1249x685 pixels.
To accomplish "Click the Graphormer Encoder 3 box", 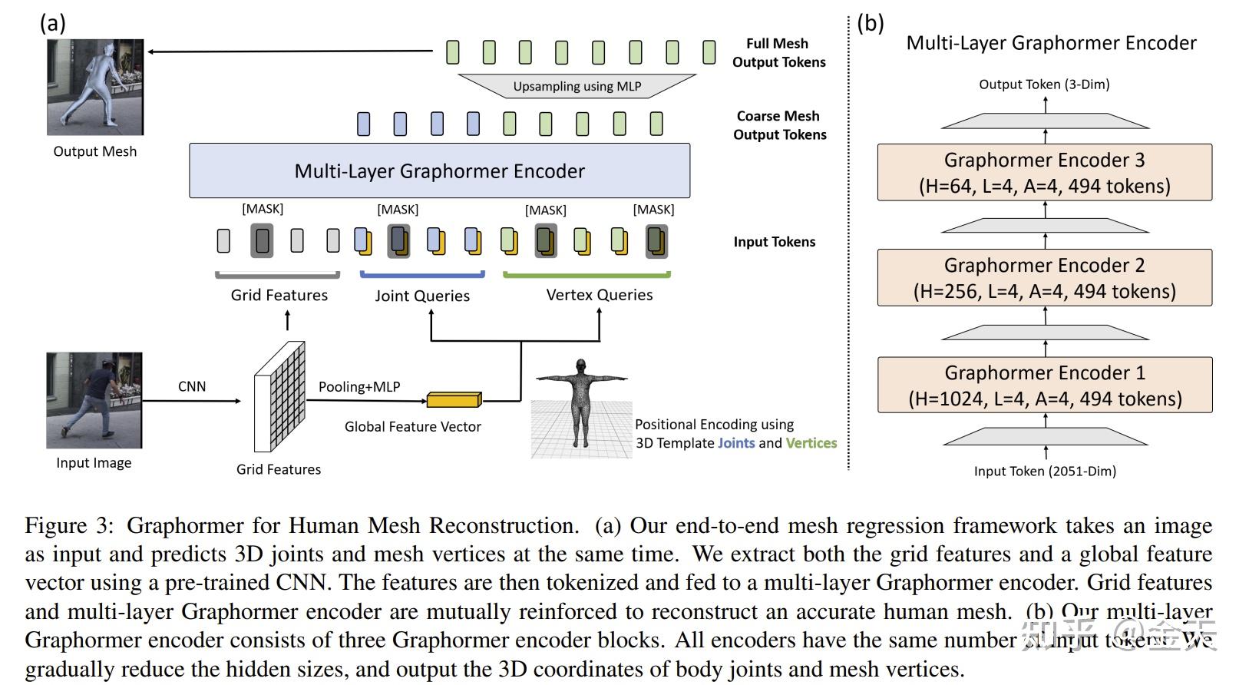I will (1044, 172).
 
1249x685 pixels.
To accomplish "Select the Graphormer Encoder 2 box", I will (1044, 277).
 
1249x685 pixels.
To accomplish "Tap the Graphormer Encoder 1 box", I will (1044, 385).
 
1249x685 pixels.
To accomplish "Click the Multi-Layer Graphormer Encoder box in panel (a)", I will (439, 170).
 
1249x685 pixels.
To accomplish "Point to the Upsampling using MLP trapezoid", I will (577, 86).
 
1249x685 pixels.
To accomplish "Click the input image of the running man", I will (94, 400).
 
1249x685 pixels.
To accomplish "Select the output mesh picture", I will (95, 88).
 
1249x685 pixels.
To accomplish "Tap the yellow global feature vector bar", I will (454, 399).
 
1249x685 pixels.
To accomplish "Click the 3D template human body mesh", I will (581, 404).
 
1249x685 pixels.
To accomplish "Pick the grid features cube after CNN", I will (279, 397).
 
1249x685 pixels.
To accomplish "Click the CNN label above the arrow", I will (192, 386).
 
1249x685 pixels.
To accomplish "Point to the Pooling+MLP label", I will (359, 386).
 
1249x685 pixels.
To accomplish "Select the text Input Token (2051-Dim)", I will (1045, 471).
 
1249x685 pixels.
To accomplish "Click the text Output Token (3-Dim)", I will (1044, 84).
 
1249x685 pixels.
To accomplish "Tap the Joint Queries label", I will (422, 296).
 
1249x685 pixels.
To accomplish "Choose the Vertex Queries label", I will (600, 295).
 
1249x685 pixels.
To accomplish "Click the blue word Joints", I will (736, 443).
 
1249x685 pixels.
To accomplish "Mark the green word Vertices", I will (811, 443).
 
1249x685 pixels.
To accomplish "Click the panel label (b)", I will (871, 23).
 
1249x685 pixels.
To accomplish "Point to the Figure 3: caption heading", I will (69, 526).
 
